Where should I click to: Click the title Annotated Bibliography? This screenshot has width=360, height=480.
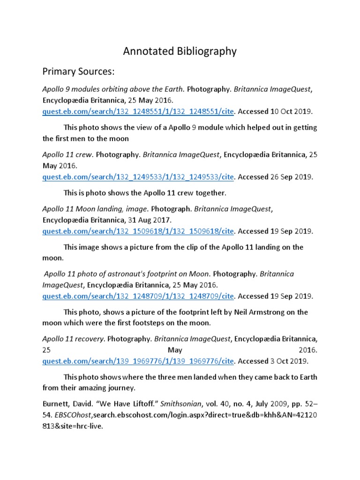point(180,51)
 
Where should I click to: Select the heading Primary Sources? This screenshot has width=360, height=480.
point(79,72)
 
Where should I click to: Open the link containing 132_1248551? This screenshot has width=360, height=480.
point(138,112)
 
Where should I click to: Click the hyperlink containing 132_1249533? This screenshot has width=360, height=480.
point(138,177)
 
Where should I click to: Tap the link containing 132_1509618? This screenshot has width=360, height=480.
point(138,231)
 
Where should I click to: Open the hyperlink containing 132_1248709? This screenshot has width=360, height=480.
point(138,296)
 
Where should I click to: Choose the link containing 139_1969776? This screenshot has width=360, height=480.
point(138,360)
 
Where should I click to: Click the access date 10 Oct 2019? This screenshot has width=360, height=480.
point(292,112)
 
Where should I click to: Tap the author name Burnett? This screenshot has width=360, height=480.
point(56,404)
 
